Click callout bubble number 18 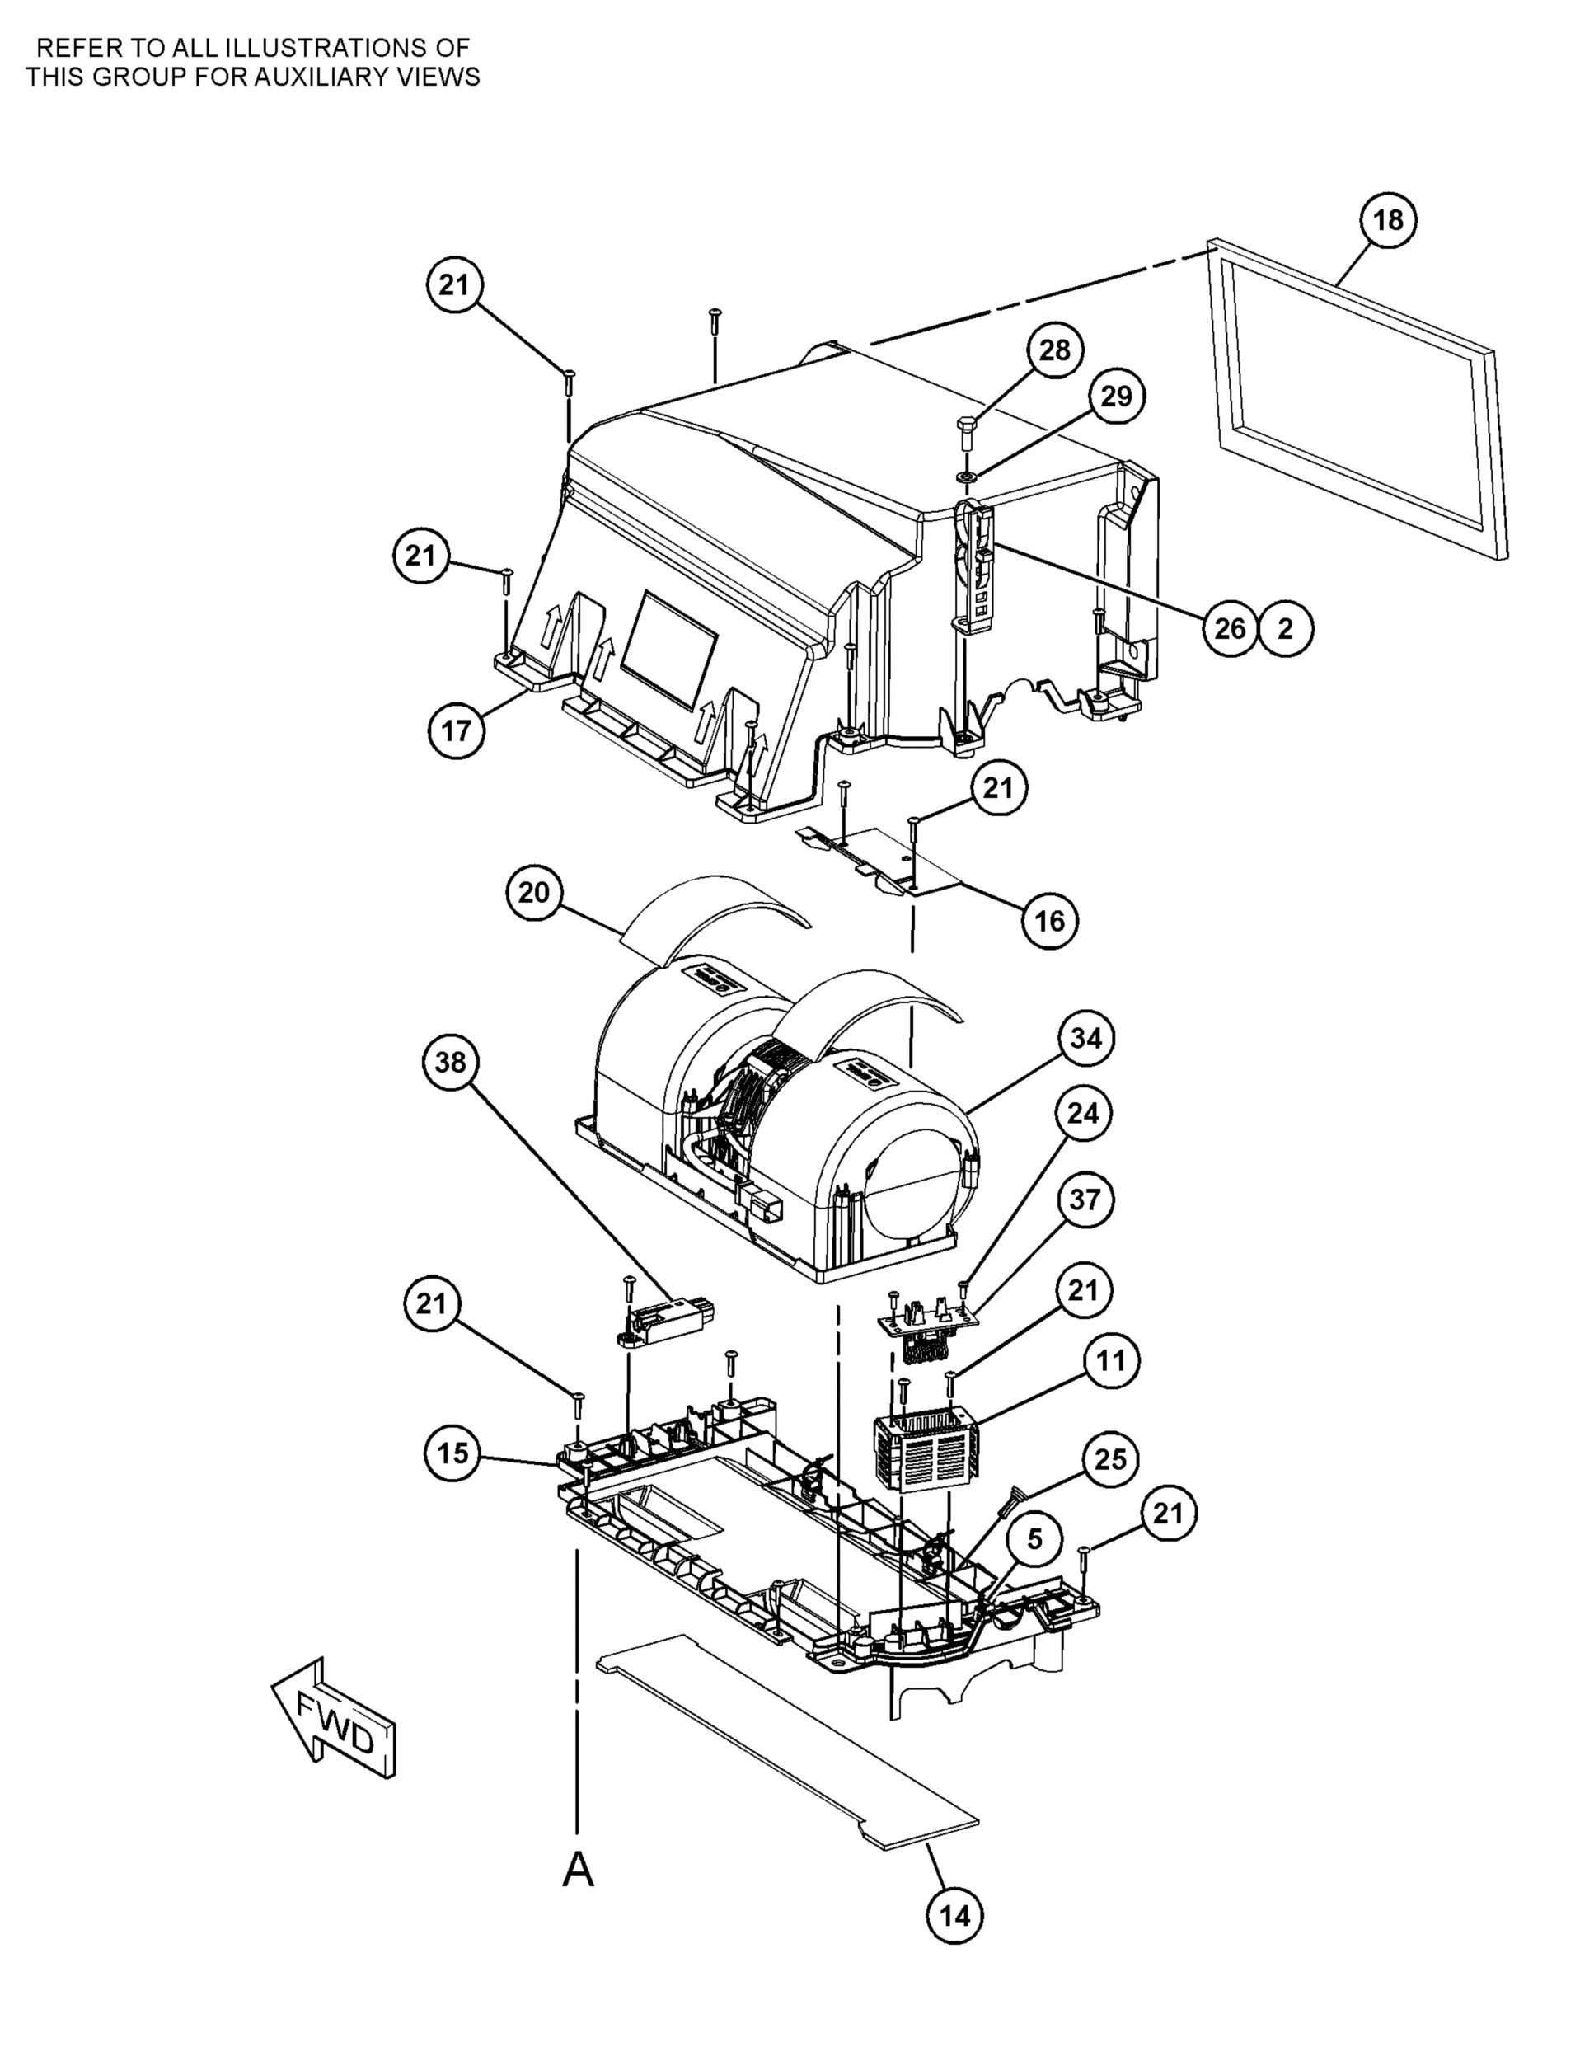click(x=1388, y=220)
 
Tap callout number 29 click(x=1116, y=396)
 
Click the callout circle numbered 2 click(x=1286, y=628)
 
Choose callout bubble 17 click(x=456, y=729)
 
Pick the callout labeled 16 click(x=1049, y=920)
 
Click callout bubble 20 click(x=533, y=892)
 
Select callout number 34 click(x=1085, y=1039)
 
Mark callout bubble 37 click(x=1085, y=1200)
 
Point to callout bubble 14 click(x=954, y=1916)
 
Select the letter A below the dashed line click(x=578, y=1869)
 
